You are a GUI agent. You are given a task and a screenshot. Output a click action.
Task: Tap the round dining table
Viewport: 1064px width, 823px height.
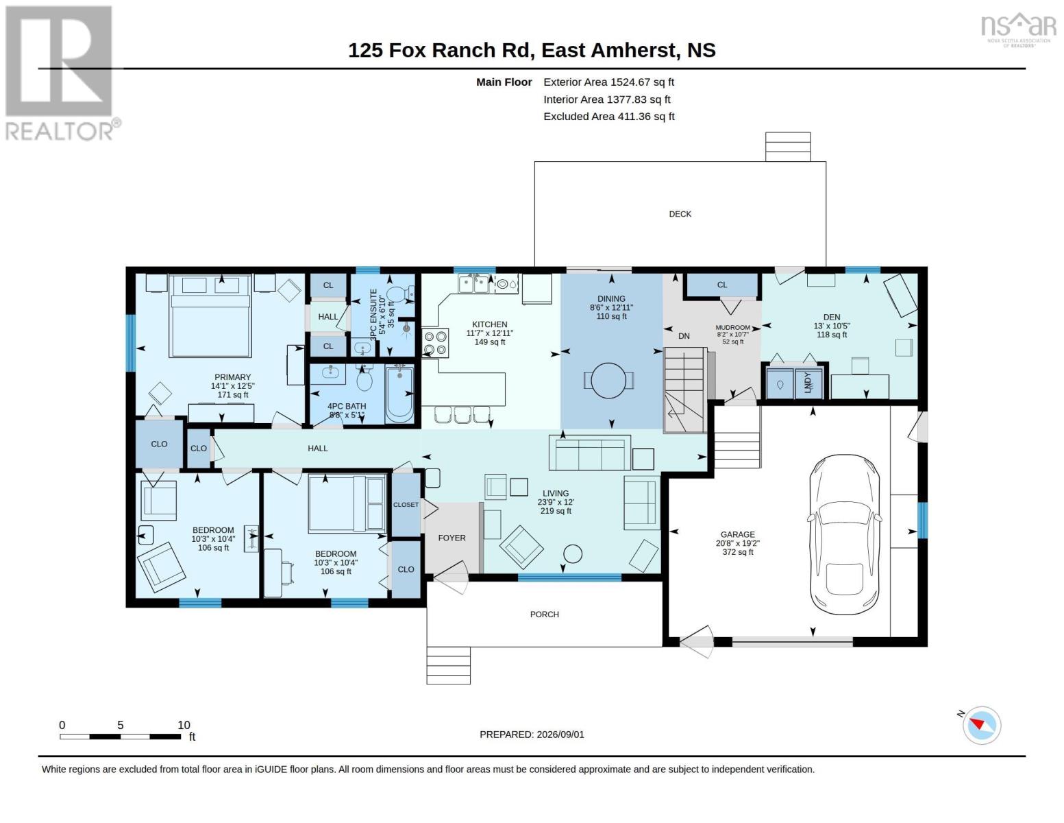[x=608, y=381]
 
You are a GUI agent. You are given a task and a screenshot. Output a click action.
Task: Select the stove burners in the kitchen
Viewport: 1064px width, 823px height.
[x=435, y=343]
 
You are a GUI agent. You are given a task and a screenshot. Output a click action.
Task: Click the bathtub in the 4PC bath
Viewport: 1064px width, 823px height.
[x=399, y=394]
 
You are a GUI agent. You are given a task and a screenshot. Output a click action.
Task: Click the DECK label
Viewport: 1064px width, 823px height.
[x=680, y=214]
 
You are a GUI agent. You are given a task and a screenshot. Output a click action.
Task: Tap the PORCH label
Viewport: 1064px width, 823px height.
[x=544, y=615]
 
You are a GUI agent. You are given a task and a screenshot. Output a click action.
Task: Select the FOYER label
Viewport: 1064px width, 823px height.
[x=451, y=538]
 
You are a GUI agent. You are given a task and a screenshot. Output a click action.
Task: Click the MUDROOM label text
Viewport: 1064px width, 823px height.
[x=732, y=327]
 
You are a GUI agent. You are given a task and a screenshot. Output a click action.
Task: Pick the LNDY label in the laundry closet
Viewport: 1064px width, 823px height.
[x=808, y=382]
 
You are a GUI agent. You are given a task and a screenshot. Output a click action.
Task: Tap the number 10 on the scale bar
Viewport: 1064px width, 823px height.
[x=184, y=725]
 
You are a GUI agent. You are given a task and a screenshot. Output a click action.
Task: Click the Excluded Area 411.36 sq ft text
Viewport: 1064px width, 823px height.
[x=608, y=116]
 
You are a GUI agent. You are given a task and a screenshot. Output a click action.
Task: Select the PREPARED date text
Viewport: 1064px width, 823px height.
[x=532, y=735]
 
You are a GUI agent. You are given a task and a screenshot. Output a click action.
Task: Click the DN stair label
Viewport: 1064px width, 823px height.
[x=684, y=336]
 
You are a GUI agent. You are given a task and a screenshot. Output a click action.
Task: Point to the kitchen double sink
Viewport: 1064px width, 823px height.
[x=473, y=284]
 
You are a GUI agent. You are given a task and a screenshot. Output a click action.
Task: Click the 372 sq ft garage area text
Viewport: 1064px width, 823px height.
[x=737, y=552]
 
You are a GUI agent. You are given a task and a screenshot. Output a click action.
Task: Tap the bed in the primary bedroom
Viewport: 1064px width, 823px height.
[x=210, y=315]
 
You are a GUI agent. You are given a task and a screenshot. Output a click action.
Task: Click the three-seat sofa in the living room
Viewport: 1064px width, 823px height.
[x=589, y=453]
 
